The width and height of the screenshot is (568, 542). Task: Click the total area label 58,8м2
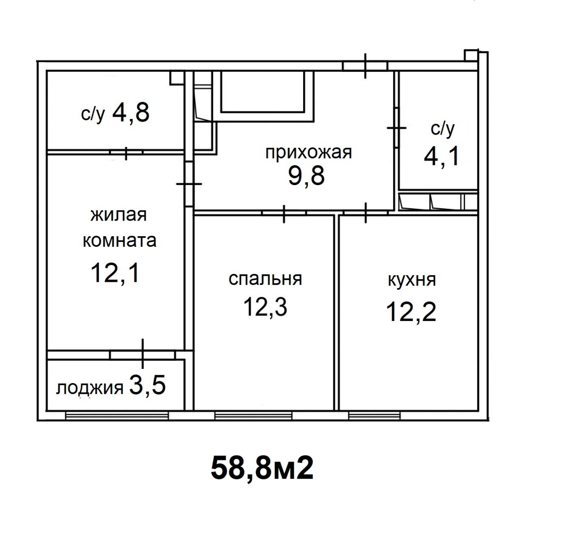(262, 468)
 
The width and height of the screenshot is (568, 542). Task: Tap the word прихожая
(308, 153)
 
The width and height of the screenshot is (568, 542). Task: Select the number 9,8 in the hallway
(306, 176)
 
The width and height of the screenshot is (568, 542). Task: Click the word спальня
(265, 279)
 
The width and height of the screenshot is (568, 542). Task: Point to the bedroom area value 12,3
(265, 308)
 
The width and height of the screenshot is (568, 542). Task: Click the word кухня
(412, 280)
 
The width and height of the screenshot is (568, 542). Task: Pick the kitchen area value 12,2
(410, 312)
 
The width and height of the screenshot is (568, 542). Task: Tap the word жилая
(118, 215)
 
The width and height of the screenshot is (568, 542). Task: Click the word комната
(119, 241)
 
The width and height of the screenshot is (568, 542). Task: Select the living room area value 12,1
(114, 273)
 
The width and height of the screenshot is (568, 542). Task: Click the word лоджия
(90, 388)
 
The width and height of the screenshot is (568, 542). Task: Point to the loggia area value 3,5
(147, 385)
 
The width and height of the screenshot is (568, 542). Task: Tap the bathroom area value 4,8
(130, 112)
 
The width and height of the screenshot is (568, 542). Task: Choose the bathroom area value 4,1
(441, 156)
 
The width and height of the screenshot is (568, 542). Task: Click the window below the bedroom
(253, 415)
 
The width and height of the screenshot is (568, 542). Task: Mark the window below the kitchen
(374, 415)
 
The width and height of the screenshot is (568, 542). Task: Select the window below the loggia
(117, 415)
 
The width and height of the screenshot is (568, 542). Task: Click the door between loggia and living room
(143, 355)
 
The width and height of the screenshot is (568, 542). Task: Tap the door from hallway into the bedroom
(284, 214)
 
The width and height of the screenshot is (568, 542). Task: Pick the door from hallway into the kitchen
(366, 214)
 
